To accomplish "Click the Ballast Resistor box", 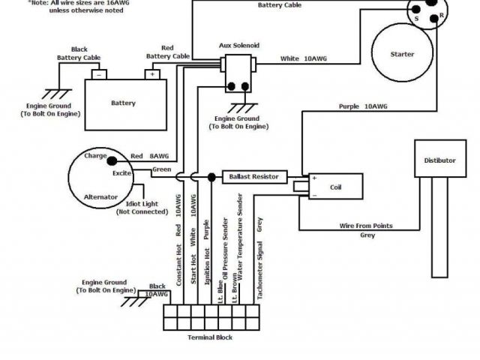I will coord(254,177).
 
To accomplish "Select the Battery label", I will coord(123,103).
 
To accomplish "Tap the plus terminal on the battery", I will coord(152,75).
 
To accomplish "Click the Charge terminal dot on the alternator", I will coord(109,159).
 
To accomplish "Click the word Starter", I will coord(403,55).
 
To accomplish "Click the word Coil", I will coord(335,187).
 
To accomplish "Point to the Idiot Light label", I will coord(142,208).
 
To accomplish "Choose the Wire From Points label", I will coord(367,226).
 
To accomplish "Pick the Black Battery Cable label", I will coord(79,53).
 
